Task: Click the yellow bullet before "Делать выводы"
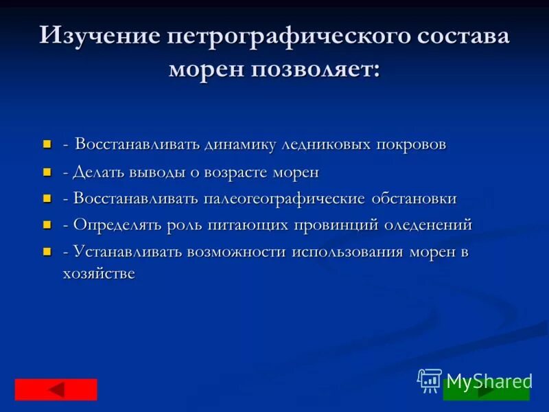pyautogui.click(x=47, y=172)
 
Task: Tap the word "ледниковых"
pyautogui.click(x=326, y=145)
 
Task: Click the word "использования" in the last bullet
pyautogui.click(x=348, y=252)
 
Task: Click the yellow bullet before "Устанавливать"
pyautogui.click(x=47, y=252)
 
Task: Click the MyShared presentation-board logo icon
pyautogui.click(x=430, y=380)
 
